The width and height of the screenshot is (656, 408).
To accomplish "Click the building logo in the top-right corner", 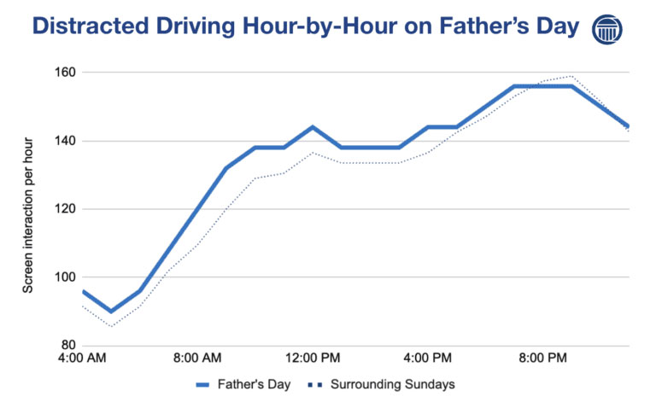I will click(x=607, y=28).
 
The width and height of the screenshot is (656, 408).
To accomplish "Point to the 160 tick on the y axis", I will click(x=64, y=73).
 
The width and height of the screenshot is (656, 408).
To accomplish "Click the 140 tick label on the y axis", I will click(x=64, y=141).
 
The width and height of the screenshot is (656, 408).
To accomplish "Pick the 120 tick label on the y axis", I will click(x=64, y=209).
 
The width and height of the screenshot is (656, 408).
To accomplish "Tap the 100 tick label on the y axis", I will click(x=64, y=277).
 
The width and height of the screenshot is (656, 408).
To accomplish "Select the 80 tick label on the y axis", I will click(x=67, y=346).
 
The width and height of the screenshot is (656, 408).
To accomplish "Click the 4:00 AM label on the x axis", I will click(x=83, y=358).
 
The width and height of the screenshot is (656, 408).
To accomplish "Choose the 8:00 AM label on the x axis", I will click(x=197, y=358).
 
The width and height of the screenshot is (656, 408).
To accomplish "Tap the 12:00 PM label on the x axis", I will click(x=312, y=358).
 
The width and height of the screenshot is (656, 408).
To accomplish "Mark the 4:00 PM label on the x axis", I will click(x=427, y=358).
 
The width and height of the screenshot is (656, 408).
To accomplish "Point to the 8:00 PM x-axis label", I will click(x=542, y=358).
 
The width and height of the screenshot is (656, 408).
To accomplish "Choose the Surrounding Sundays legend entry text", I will click(x=392, y=384).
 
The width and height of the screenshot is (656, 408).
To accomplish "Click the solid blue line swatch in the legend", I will click(x=206, y=384).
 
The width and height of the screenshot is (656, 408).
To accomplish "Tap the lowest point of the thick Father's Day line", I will click(x=111, y=312).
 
